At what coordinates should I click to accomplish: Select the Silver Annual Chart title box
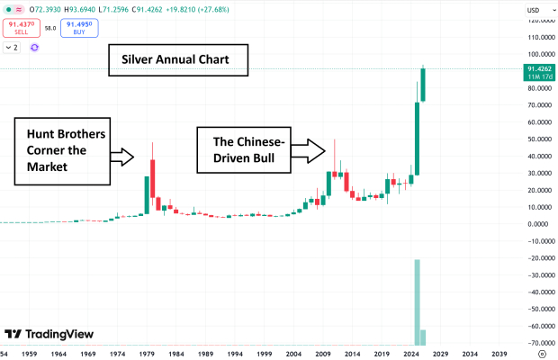point(170,61)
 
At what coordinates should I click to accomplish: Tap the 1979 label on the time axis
point(147,354)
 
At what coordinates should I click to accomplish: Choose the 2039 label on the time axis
point(499,354)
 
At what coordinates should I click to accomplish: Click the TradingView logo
point(49,334)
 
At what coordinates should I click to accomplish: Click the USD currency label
point(533,10)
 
